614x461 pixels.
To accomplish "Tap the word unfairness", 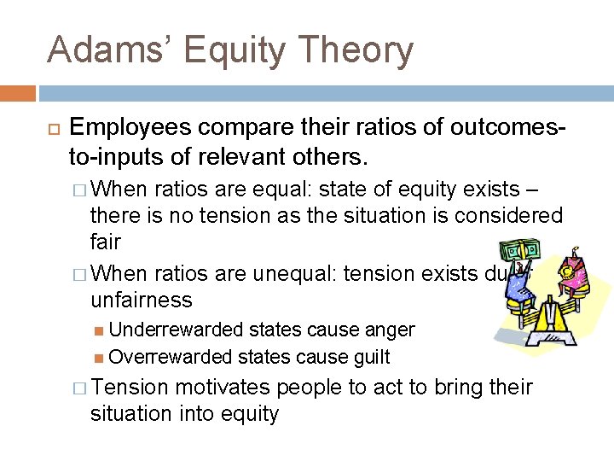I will pos(142,300).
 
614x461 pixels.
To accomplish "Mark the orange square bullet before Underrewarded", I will pos(100,330).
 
